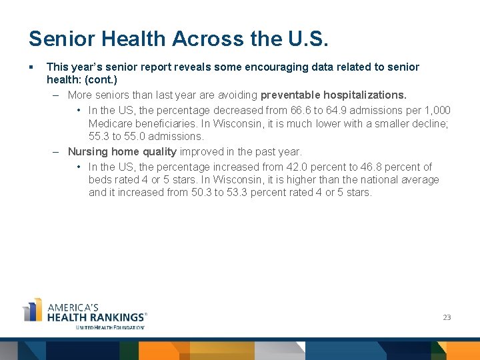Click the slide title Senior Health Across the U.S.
tap(179, 39)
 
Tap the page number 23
tap(447, 317)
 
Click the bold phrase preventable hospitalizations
tap(333, 95)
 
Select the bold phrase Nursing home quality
tap(122, 151)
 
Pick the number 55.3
tap(99, 136)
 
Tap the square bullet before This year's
tap(31, 67)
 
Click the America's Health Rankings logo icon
tap(33, 311)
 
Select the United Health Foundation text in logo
tap(110, 327)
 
